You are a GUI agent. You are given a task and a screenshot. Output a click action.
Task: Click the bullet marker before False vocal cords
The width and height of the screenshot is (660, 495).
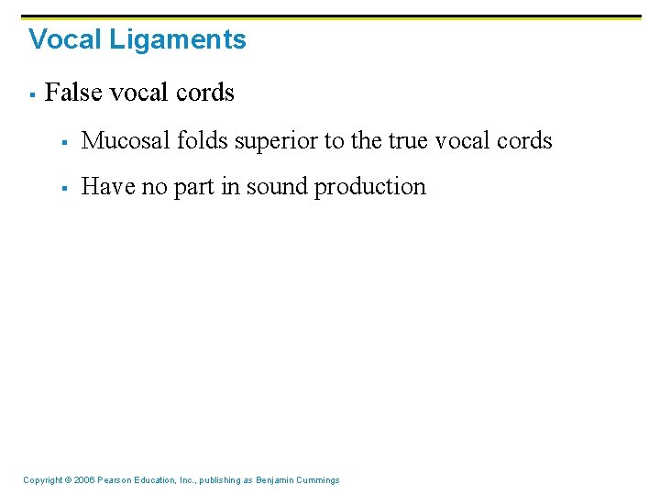32,94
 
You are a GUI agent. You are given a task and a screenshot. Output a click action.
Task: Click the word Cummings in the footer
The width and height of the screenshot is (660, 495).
318,480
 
